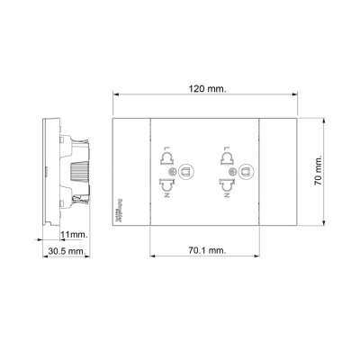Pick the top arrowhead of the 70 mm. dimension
click(320, 121)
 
